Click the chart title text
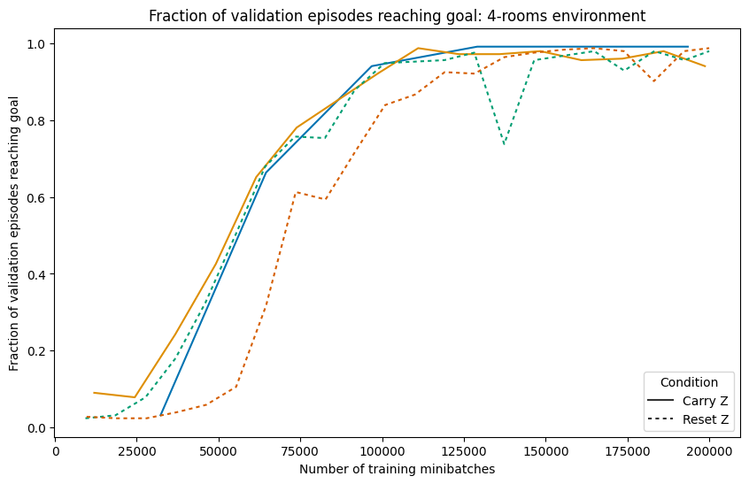[x=397, y=16]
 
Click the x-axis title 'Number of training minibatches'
[x=397, y=469]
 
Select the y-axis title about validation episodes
[x=15, y=236]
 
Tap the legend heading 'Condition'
[x=689, y=383]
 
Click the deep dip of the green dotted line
[x=504, y=144]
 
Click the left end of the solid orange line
[x=94, y=392]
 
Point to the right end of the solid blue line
[x=688, y=47]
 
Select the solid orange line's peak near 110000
[x=418, y=48]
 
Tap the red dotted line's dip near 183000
[x=653, y=81]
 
